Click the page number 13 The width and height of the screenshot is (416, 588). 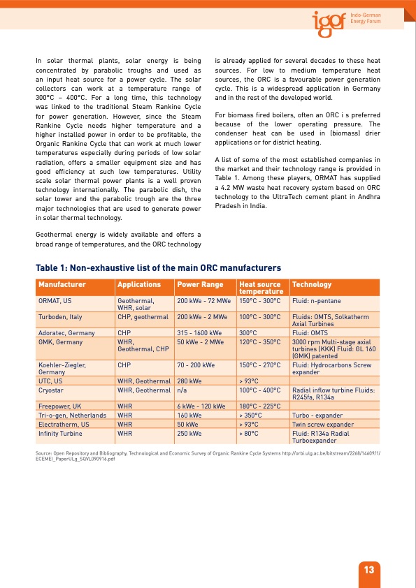[368, 569]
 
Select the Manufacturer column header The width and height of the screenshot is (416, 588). [62, 285]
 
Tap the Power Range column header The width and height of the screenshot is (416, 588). [199, 285]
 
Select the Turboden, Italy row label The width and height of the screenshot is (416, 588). [60, 317]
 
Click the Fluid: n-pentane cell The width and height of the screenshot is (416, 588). [317, 301]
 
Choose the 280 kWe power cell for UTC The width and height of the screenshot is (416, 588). [189, 381]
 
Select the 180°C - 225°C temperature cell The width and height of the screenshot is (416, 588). [259, 406]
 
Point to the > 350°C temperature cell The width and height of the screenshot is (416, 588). [251, 415]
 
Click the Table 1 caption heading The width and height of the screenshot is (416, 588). [158, 268]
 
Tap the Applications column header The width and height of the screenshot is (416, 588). [139, 285]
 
